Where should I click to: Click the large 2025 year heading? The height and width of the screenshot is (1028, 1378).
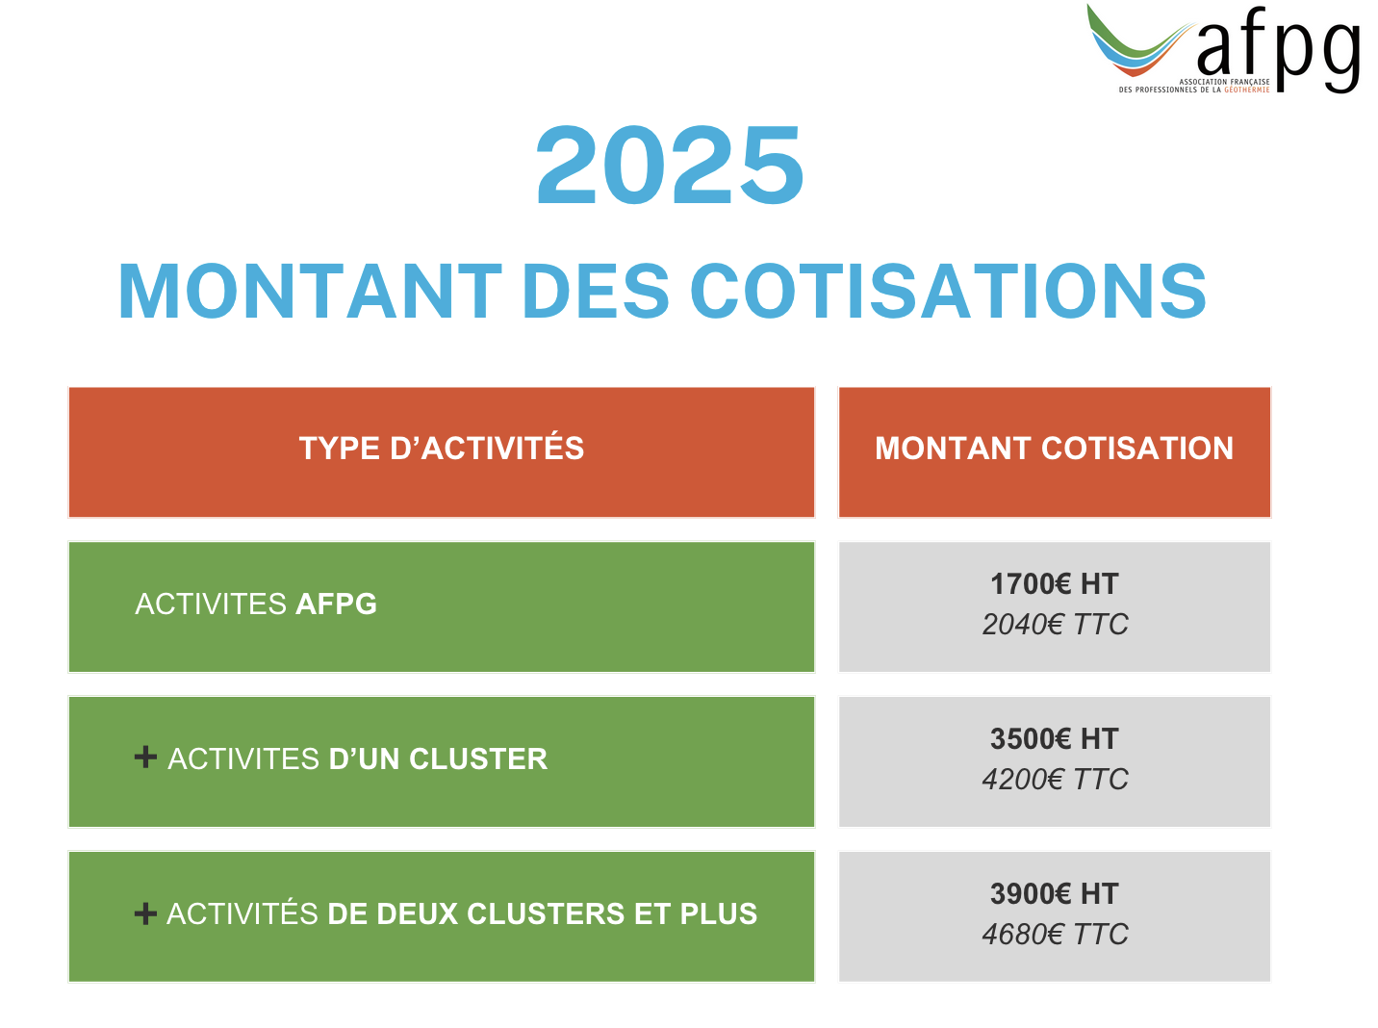669,165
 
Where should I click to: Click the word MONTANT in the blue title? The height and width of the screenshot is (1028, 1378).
310,292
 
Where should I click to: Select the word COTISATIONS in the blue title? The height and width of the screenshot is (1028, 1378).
948,292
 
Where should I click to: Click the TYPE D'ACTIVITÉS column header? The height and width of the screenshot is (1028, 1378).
442,448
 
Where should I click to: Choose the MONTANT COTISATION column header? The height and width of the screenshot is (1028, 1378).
1054,449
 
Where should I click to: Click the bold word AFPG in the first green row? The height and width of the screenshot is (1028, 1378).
336,604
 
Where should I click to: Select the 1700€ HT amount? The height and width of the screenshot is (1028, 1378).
1054,584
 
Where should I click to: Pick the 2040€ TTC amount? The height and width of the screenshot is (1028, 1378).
1055,624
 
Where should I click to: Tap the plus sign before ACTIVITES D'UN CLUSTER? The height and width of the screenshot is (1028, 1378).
145,757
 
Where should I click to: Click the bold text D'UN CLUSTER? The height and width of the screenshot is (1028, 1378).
438,758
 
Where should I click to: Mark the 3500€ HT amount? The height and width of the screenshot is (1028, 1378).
1054,738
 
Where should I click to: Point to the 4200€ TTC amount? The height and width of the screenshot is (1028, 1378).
1055,780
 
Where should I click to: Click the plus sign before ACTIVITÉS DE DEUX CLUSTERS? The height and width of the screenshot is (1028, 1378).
145,913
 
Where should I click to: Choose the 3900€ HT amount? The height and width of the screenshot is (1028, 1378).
1054,893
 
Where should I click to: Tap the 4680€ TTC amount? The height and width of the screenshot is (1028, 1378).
1055,935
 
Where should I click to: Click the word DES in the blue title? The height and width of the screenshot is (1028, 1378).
596,292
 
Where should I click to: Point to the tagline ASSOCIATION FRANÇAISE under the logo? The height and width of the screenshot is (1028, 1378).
1224,82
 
